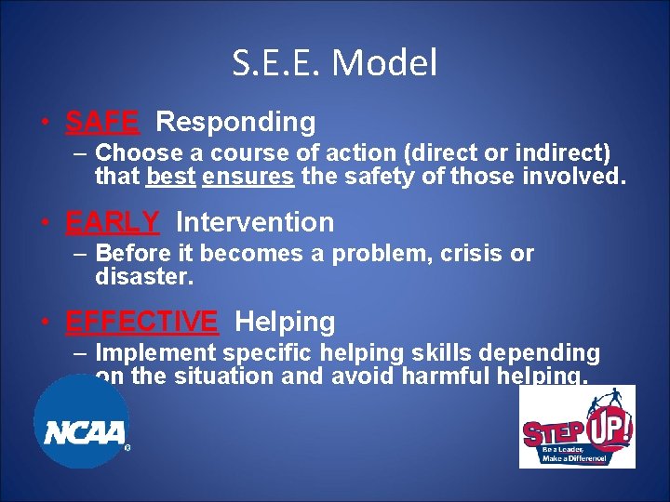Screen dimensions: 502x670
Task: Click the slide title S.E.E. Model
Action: tap(335, 63)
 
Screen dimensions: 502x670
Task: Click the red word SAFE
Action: tap(102, 122)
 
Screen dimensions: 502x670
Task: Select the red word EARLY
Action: tap(113, 222)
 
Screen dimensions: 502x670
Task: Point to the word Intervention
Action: tap(254, 222)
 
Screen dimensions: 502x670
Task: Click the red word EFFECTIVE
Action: tap(141, 322)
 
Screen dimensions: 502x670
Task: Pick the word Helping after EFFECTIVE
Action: tap(285, 323)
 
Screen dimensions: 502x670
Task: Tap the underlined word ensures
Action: tap(248, 177)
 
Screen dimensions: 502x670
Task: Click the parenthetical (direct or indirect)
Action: tap(505, 152)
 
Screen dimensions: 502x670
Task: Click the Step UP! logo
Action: tap(577, 427)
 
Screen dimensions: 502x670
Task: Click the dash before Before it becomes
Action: tap(81, 254)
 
